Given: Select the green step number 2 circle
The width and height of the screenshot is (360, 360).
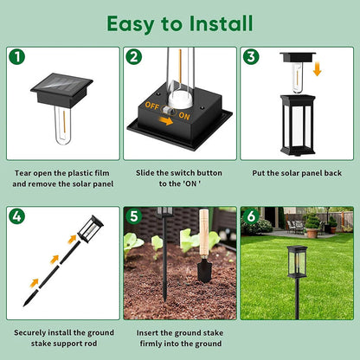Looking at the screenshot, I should coord(133,57).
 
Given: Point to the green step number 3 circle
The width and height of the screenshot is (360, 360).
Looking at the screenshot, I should coord(250,57).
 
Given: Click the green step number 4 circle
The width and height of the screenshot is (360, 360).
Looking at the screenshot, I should coord(16,216).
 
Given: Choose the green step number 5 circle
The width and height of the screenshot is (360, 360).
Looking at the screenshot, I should coord(133,216).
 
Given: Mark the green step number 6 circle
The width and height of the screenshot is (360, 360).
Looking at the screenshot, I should coord(250,216).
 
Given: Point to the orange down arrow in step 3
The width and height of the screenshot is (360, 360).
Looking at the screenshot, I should coord(317,67).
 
